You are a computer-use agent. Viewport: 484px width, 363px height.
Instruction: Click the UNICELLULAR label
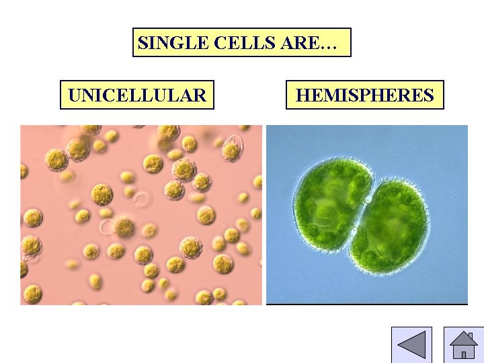click(137, 95)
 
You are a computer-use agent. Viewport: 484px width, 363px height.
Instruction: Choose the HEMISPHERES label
click(364, 95)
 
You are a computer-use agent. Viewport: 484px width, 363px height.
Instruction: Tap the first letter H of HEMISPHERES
click(302, 95)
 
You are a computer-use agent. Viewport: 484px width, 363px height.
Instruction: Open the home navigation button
click(463, 344)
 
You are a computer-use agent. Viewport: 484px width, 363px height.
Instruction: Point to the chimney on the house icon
click(471, 335)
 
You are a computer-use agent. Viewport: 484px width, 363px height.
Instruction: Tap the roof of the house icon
click(462, 339)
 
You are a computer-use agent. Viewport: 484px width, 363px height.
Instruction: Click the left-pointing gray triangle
click(411, 344)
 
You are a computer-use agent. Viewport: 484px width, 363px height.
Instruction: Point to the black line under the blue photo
click(367, 305)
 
